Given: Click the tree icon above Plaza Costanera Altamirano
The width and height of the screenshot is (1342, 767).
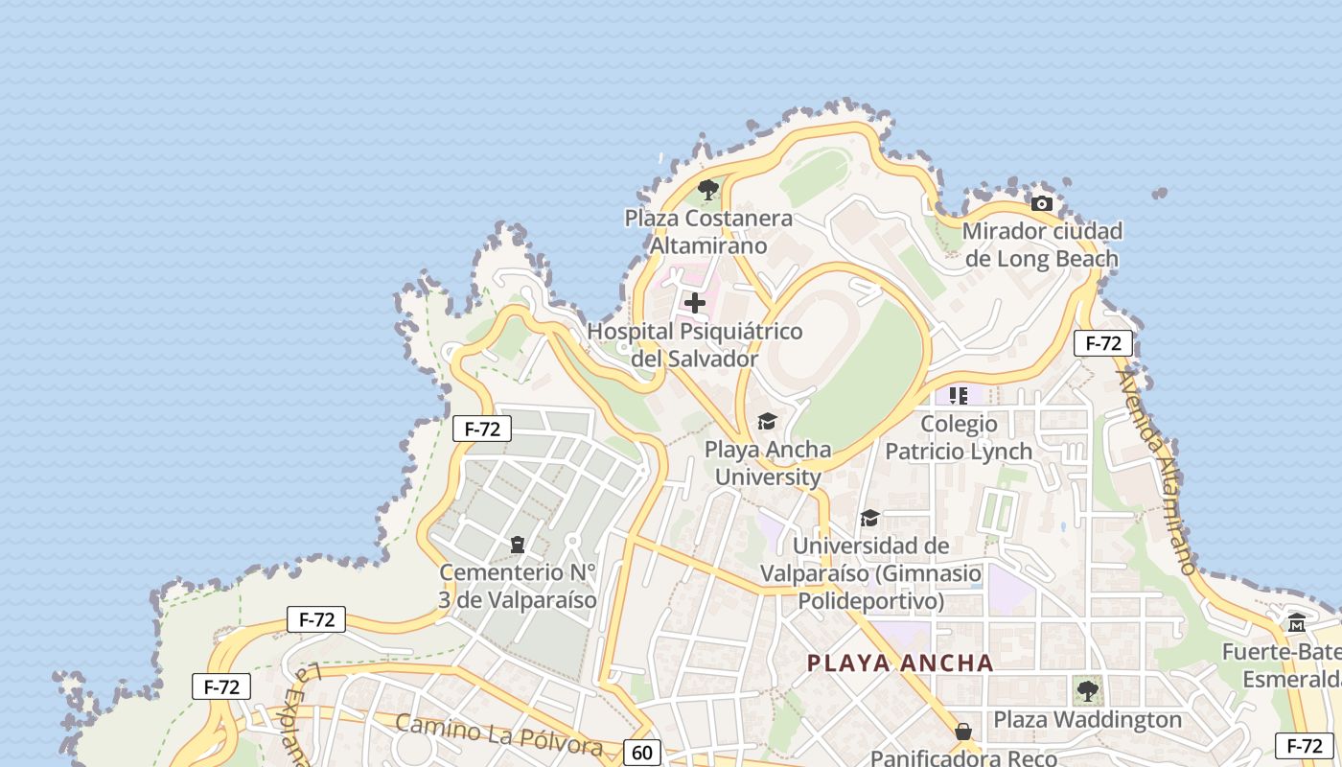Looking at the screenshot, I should [x=708, y=190].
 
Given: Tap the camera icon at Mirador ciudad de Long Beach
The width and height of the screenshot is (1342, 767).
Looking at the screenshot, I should [x=1042, y=203].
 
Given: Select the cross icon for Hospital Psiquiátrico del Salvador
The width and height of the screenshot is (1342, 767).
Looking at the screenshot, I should [x=695, y=303].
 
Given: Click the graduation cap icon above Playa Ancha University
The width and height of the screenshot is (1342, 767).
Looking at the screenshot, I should [x=767, y=421].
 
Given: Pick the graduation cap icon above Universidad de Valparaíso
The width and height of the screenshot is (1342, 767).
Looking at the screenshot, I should [x=869, y=518].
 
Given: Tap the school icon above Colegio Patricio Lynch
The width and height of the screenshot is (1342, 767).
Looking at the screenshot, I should [x=958, y=395].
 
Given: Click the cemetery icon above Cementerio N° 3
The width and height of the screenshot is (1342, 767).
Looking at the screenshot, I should [x=518, y=545].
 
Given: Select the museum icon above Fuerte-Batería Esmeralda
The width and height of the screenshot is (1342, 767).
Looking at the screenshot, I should [x=1297, y=623].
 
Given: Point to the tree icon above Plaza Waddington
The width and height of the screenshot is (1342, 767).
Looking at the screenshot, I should [x=1087, y=690].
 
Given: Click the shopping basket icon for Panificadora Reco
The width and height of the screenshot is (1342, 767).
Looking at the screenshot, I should [x=963, y=732].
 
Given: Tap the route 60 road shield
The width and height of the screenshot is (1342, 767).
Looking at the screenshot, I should [x=642, y=753].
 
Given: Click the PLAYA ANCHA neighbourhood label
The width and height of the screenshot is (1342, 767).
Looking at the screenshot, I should [x=900, y=662].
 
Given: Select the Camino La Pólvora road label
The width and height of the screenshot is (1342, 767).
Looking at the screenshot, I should [x=498, y=734].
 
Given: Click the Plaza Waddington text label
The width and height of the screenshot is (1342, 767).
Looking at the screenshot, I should [x=1087, y=719].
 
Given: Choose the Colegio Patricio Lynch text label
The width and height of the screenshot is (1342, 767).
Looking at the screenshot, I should [x=959, y=437].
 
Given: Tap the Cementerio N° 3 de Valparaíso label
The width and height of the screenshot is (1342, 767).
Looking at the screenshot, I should [x=518, y=586].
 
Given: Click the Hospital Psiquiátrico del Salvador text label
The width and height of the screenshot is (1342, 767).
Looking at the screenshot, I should [x=695, y=345].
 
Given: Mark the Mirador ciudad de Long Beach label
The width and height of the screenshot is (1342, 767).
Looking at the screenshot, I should [x=1042, y=244].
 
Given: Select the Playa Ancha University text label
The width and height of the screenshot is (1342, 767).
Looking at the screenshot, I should [x=768, y=463].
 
